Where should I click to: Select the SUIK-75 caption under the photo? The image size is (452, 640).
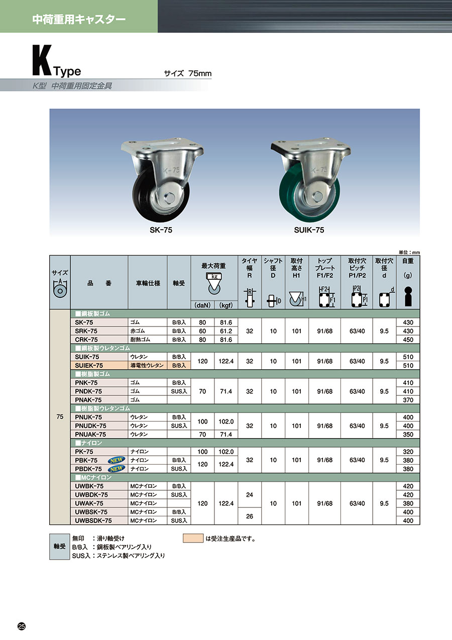[x=309, y=230]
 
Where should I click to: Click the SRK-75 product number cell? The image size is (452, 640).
[x=99, y=331]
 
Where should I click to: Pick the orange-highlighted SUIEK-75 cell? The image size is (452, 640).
[x=99, y=365]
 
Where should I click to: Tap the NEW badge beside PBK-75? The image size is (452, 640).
[x=117, y=460]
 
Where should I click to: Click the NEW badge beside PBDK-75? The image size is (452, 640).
[x=117, y=469]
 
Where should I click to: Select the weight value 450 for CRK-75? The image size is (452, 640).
[x=408, y=340]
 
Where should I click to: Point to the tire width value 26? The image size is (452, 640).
[x=250, y=516]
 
